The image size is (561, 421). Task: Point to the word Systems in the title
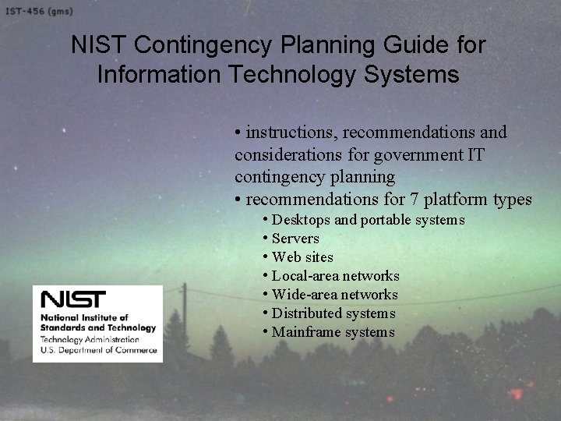(411, 75)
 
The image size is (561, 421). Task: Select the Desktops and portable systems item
(368, 220)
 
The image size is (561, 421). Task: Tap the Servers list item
(295, 239)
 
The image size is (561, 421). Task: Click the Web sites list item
(302, 257)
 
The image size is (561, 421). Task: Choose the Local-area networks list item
(335, 276)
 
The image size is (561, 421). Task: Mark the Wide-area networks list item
(334, 295)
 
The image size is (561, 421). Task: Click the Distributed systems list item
(333, 313)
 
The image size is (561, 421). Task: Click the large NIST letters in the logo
(74, 300)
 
